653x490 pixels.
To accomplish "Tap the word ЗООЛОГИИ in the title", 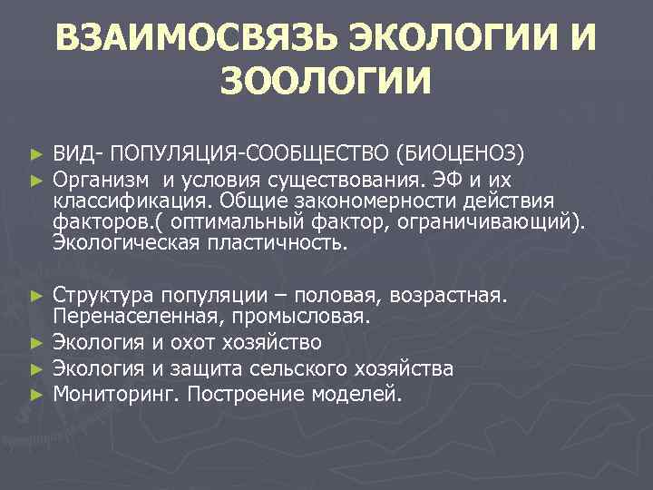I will coord(326,85).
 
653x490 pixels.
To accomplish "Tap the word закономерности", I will coord(383,200).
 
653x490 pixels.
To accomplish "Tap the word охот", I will coord(199,342).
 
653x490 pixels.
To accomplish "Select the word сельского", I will coord(306,368).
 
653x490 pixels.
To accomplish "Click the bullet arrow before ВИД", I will coord(35,151).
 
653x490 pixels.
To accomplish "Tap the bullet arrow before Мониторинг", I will coord(35,395).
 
